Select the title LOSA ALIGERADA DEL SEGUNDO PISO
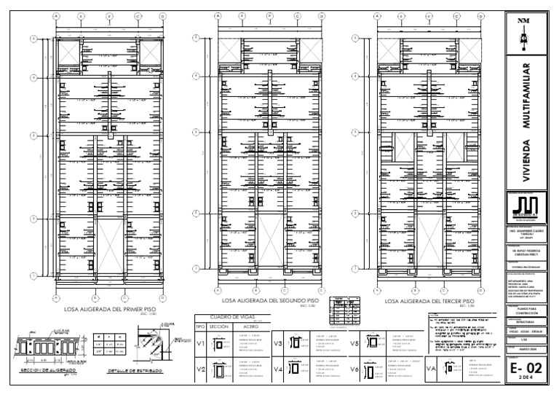tap(271, 300)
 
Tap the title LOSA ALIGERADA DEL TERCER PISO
tap(430, 300)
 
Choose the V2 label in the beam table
tap(200, 371)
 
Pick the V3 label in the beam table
tap(278, 344)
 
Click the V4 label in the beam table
tap(278, 370)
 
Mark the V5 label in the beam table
tap(355, 344)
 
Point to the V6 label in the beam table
tap(355, 370)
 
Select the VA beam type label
tap(430, 369)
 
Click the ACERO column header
tap(249, 327)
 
